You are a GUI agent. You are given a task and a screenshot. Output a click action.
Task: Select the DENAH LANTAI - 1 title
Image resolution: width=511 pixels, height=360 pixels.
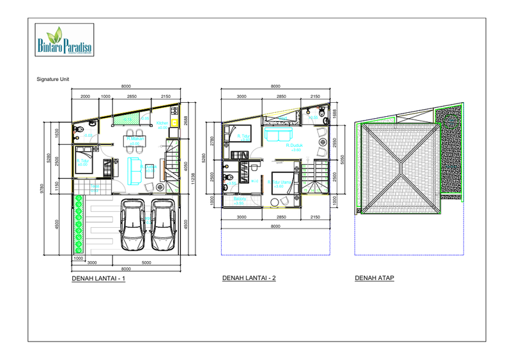99,279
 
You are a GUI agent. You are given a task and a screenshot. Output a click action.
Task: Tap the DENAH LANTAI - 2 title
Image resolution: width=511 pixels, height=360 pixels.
248,278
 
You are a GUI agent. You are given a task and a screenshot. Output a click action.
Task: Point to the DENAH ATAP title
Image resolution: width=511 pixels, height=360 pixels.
374,278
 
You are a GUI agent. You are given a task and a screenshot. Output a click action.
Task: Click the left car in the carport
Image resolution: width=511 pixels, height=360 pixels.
133,225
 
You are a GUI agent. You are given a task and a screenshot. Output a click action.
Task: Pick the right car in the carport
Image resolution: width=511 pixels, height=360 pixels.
164,225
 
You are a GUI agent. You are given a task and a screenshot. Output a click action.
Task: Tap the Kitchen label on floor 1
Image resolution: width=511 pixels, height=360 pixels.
162,123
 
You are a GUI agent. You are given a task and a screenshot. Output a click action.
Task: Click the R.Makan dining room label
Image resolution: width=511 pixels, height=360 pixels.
135,138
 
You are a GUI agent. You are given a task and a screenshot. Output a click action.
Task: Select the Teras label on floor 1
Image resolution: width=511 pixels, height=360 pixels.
95,186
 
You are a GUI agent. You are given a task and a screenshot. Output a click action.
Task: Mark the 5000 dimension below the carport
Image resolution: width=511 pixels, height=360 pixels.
146,262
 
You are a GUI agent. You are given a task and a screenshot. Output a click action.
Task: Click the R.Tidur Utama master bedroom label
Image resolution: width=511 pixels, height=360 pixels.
280,182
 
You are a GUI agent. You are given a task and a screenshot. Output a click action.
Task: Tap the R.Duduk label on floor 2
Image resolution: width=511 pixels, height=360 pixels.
294,145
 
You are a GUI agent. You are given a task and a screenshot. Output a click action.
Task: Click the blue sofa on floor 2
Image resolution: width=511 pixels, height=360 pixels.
278,135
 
